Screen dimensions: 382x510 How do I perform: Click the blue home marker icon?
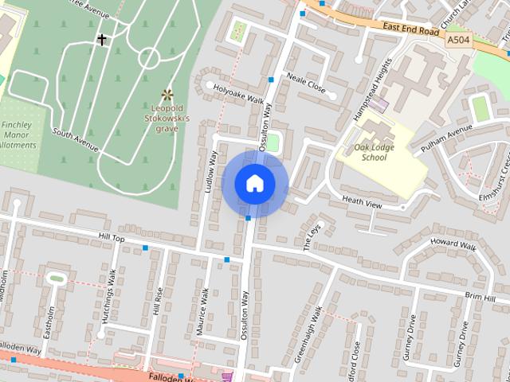pyautogui.click(x=255, y=183)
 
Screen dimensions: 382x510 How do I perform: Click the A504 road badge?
pyautogui.click(x=458, y=38)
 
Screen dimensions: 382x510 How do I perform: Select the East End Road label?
pyautogui.click(x=410, y=28)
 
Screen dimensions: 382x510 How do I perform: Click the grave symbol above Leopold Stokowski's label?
pyautogui.click(x=167, y=94)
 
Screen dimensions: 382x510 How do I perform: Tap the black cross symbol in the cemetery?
pyautogui.click(x=101, y=38)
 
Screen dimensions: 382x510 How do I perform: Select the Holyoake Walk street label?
pyautogui.click(x=238, y=94)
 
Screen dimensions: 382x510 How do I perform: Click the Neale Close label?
pyautogui.click(x=306, y=83)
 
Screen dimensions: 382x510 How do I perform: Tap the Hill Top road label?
pyautogui.click(x=112, y=238)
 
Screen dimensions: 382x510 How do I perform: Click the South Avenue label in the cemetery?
pyautogui.click(x=76, y=140)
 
